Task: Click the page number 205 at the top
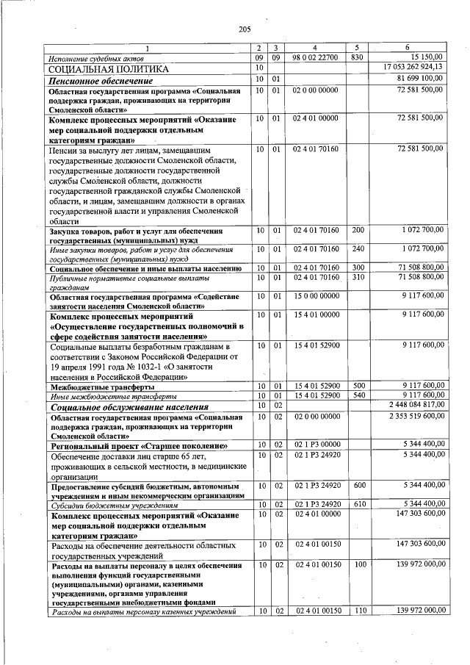click(245, 29)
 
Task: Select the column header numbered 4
click(314, 48)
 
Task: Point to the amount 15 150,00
click(426, 57)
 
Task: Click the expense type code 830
click(356, 57)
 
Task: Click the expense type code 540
click(356, 395)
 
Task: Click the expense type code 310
click(356, 277)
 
